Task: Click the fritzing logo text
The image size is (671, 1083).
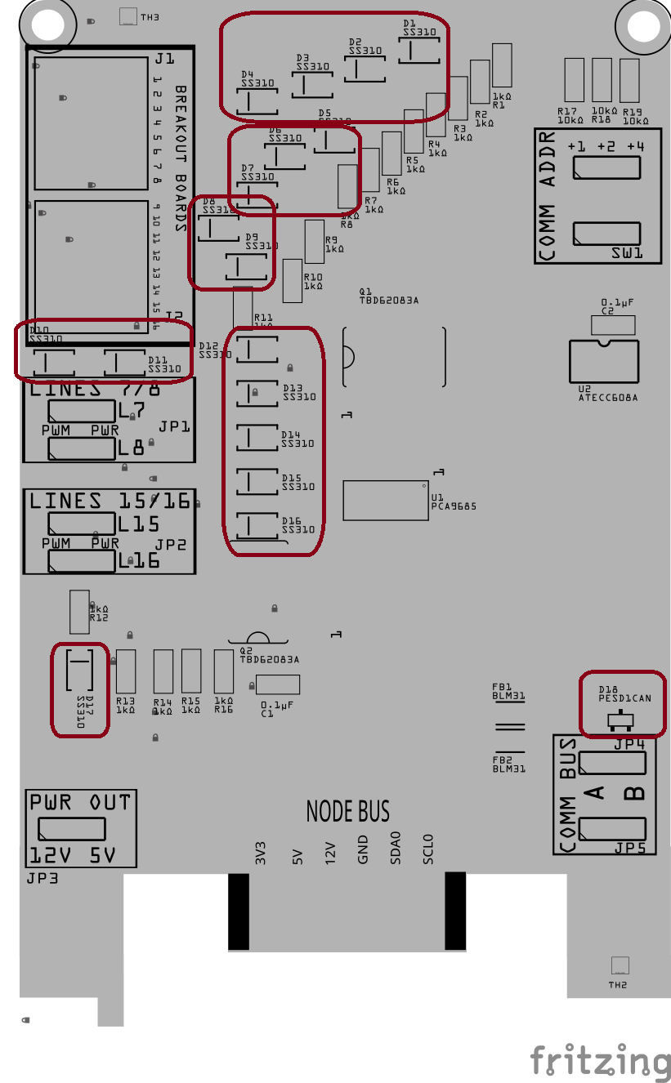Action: click(x=601, y=1061)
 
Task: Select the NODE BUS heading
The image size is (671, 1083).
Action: click(x=348, y=811)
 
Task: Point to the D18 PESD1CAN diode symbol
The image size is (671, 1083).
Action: click(x=621, y=720)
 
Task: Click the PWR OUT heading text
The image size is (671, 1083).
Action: click(x=80, y=802)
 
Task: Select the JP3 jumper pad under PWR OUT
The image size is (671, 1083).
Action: click(x=71, y=829)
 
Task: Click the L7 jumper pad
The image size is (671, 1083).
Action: click(x=81, y=410)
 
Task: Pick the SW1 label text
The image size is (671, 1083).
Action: click(x=627, y=254)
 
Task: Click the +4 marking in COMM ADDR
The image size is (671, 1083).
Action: click(x=636, y=146)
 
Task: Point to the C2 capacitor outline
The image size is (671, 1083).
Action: click(x=612, y=325)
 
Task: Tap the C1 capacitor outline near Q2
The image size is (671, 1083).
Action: click(x=278, y=684)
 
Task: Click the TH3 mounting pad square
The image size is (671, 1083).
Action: click(x=128, y=16)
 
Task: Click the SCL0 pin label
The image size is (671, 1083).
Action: click(x=427, y=849)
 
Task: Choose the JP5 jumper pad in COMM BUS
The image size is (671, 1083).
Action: click(x=612, y=828)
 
